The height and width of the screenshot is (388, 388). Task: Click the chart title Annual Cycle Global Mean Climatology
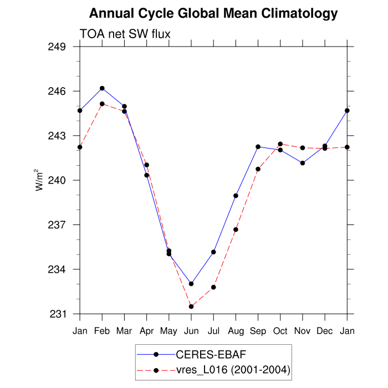(x=213, y=13)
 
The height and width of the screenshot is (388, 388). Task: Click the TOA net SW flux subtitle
(x=125, y=34)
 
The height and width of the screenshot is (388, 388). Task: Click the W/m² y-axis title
(x=40, y=180)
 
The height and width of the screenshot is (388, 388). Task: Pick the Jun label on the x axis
(x=191, y=331)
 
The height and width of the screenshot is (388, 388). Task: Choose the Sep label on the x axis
(x=258, y=331)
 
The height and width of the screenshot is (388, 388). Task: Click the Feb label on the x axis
(x=102, y=331)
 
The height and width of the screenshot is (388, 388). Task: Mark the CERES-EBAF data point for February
(x=102, y=88)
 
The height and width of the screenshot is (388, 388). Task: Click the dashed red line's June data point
(x=191, y=307)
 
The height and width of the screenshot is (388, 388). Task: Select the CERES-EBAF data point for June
(x=191, y=284)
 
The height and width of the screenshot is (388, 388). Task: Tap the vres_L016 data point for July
(x=213, y=287)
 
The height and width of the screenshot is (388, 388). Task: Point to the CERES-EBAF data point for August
(x=236, y=196)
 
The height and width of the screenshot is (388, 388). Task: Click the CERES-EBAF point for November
(x=303, y=163)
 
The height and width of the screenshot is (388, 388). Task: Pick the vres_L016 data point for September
(x=258, y=169)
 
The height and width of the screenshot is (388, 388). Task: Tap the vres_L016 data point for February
(x=102, y=104)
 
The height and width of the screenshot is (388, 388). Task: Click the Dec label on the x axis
(x=325, y=331)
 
